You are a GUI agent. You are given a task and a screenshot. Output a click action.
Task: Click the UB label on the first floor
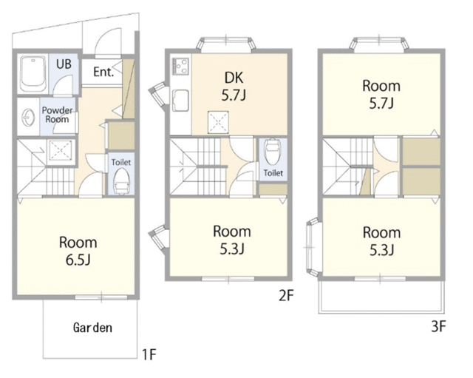(64, 64)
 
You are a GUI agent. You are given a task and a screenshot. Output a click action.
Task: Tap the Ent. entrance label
(103, 72)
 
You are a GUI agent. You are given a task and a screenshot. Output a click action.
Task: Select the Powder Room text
(57, 115)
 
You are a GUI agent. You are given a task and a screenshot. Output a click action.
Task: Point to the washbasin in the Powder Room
(28, 117)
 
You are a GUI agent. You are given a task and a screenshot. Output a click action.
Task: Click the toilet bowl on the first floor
(121, 180)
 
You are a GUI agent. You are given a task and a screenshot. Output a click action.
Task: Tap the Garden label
(92, 328)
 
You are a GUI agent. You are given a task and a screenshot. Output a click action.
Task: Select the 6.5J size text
(78, 260)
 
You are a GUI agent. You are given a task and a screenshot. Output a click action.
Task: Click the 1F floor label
(149, 354)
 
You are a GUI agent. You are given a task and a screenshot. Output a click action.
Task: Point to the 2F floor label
(286, 295)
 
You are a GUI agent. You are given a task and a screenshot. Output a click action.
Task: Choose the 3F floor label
(438, 326)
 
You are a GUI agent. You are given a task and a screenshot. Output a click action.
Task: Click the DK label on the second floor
(234, 78)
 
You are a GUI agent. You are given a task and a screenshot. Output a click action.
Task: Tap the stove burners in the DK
(180, 66)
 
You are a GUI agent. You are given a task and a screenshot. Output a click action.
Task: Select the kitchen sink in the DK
(180, 101)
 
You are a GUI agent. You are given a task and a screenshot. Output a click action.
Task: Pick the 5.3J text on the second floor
(232, 249)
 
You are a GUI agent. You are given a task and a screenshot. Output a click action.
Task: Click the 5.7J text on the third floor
(381, 104)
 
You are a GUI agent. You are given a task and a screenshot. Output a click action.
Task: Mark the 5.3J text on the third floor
(381, 250)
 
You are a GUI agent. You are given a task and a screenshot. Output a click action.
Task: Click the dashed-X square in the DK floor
(218, 122)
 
